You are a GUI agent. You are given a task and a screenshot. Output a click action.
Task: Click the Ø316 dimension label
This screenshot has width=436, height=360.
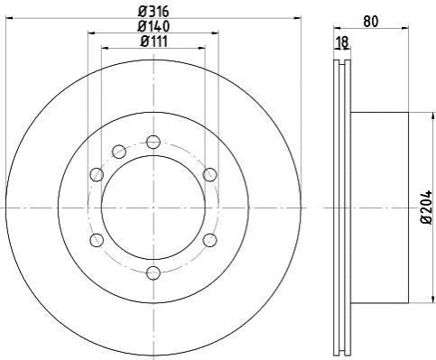153,12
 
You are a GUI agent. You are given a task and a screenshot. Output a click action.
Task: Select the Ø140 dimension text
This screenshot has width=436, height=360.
153,26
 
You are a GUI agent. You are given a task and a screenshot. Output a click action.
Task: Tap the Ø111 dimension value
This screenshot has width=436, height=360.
153,42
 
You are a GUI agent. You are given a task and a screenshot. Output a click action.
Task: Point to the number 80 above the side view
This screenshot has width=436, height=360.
371,22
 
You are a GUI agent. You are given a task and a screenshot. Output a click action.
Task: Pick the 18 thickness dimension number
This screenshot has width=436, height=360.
342,42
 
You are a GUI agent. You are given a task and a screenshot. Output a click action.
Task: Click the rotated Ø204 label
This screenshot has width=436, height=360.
426,208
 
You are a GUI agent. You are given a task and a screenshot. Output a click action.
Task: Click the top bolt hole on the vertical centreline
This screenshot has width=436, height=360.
153,142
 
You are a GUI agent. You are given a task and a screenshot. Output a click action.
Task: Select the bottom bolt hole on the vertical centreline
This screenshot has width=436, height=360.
153,272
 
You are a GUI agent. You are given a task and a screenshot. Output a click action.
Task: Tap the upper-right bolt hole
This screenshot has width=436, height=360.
209,174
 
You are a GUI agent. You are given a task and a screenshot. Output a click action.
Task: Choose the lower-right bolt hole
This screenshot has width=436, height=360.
209,240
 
